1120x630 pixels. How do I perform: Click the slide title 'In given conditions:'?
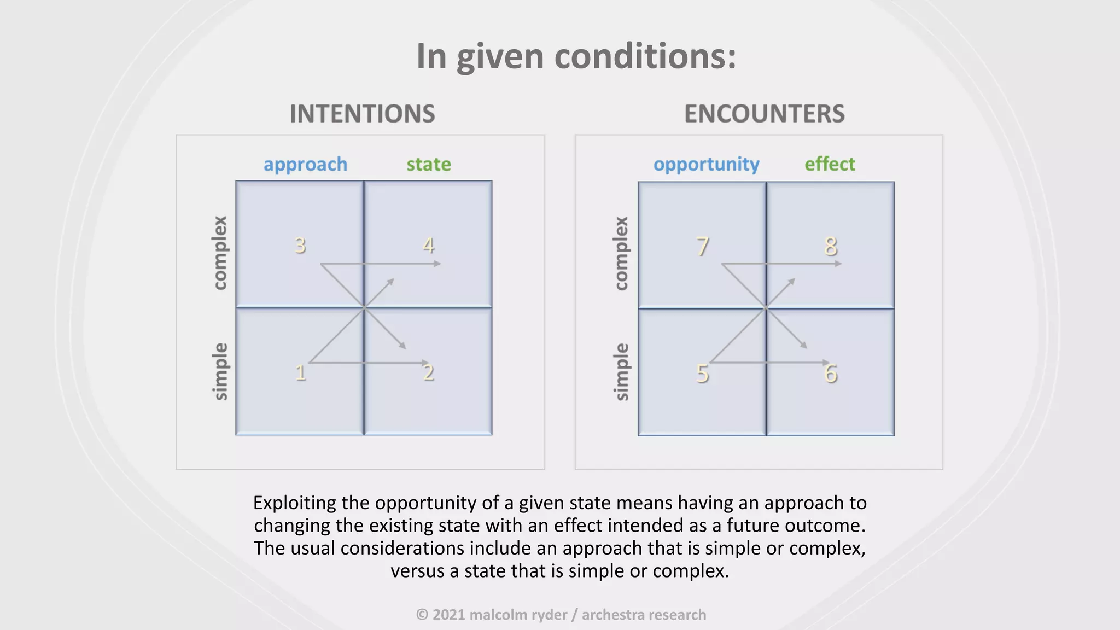point(576,56)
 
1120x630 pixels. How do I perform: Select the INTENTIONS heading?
point(362,114)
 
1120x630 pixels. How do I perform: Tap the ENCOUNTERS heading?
point(764,114)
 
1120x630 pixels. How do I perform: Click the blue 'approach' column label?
point(305,164)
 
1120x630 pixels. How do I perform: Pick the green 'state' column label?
point(429,164)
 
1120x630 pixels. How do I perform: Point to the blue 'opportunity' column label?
point(706,164)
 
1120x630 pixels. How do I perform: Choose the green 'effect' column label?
point(830,164)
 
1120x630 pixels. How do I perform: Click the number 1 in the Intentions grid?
point(300,373)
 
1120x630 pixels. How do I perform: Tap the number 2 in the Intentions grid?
point(429,373)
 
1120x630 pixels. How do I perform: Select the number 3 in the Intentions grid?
point(300,246)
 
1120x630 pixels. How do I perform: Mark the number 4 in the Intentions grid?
point(429,246)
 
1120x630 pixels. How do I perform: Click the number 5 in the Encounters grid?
point(702,374)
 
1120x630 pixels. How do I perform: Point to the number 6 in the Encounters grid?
point(831,374)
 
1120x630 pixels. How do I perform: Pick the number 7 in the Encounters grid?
point(703,247)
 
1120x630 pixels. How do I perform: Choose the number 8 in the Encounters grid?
point(831,247)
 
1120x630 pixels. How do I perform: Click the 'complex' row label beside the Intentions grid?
point(220,253)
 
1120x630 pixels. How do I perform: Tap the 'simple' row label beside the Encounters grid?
point(622,372)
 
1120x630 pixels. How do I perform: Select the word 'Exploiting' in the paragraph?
point(295,503)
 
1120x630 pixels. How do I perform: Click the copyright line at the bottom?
point(561,615)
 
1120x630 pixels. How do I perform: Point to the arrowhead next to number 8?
point(838,264)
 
